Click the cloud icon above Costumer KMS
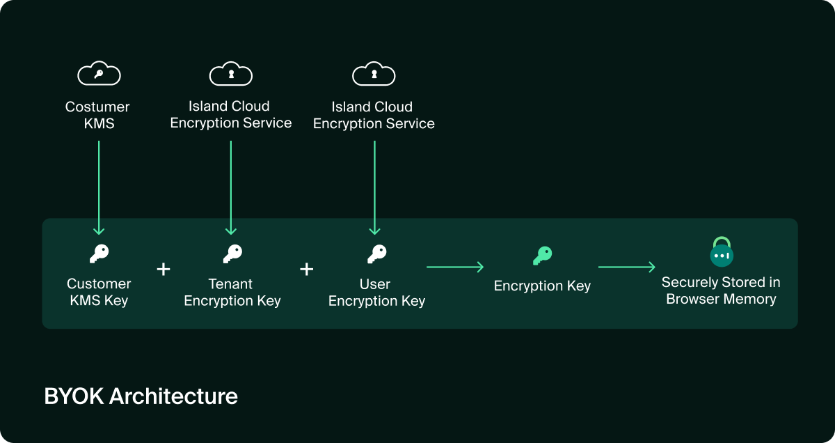coord(99,73)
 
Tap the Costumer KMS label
coord(97,116)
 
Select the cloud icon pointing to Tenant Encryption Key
coord(231,73)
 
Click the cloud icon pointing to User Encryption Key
coord(374,73)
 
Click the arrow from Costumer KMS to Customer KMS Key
coord(99,187)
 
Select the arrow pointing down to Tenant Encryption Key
coord(231,187)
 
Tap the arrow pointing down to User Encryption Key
coord(374,187)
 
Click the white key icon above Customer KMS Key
coord(99,254)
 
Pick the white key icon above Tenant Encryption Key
coord(232,254)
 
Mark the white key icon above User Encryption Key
coord(376,254)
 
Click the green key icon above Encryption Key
coord(542,256)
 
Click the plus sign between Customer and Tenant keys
coord(164,269)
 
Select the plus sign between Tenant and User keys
coord(306,269)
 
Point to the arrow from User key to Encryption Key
coord(455,267)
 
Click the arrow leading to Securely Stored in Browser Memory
coord(626,267)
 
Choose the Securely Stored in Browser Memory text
coord(721,291)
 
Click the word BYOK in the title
coord(74,396)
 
